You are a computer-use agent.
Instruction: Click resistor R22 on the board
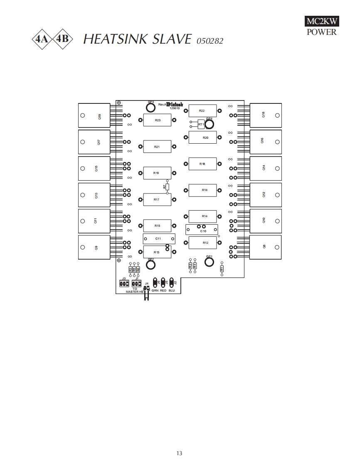[202, 111]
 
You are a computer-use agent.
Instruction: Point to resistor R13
[157, 252]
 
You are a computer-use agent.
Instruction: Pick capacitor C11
[158, 239]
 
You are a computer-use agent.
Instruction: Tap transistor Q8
[266, 247]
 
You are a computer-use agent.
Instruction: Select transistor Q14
[266, 168]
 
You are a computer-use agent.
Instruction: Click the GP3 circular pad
[150, 108]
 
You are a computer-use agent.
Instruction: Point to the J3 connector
[123, 284]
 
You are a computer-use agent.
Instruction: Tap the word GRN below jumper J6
[155, 291]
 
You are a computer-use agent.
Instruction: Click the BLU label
[172, 291]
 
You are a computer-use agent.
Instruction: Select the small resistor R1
[222, 269]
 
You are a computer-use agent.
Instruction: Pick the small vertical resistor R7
[167, 187]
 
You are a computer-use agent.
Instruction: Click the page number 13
[179, 453]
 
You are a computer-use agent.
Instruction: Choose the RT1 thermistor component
[201, 124]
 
